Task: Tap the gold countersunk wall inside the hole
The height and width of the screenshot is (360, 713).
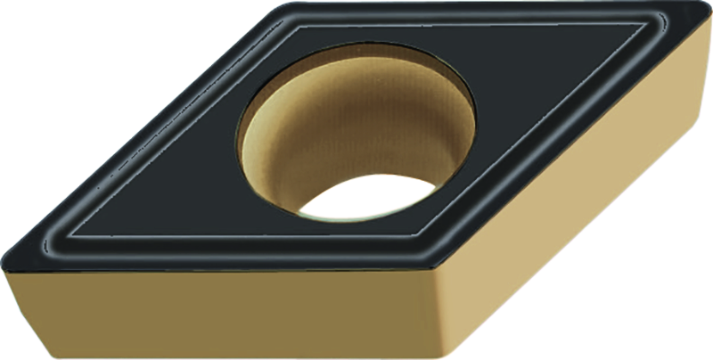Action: [294, 134]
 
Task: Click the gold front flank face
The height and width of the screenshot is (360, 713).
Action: [223, 312]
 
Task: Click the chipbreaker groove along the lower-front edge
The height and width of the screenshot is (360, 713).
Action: [223, 250]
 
